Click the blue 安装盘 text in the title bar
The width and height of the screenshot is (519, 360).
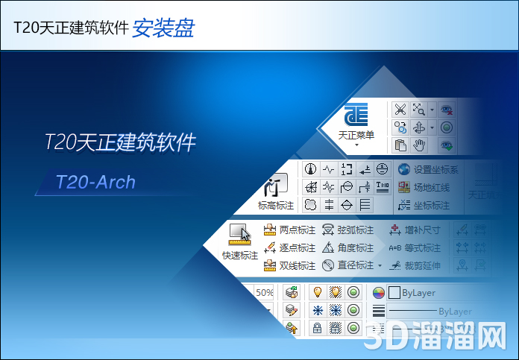pyautogui.click(x=163, y=28)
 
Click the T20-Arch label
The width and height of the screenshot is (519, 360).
pyautogui.click(x=95, y=181)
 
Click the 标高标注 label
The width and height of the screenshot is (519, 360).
pyautogui.click(x=276, y=205)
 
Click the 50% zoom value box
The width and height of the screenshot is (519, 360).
pyautogui.click(x=265, y=293)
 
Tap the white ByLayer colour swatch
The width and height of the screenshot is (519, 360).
pyautogui.click(x=394, y=293)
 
